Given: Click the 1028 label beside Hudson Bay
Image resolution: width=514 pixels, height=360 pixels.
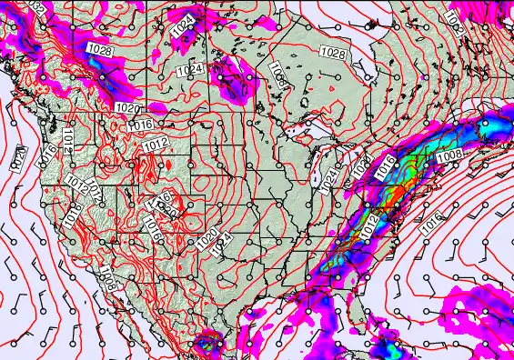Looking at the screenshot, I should pos(333,55).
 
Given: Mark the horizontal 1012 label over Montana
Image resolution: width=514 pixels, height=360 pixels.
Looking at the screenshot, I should pos(156,144).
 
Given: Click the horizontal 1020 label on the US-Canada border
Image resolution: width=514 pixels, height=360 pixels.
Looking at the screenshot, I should pos(127,107).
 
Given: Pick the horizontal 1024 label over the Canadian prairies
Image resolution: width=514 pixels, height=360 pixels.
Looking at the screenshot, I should pos(189,70).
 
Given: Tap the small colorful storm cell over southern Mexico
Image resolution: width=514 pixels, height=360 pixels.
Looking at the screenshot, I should pos(208,345).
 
